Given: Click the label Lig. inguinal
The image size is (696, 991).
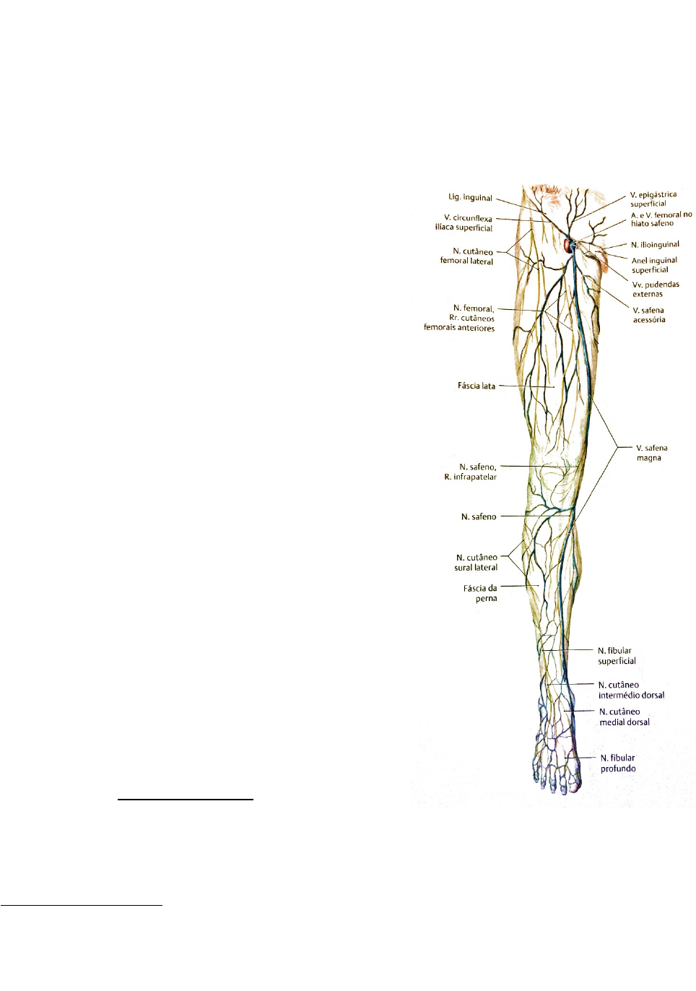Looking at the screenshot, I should point(470,197).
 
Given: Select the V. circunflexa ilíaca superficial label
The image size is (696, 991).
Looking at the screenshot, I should point(464,222).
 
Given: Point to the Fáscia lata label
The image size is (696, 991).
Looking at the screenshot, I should point(476,386).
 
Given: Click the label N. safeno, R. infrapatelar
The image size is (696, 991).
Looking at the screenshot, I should point(470,472).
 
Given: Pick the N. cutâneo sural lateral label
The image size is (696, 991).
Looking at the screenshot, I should point(476,562).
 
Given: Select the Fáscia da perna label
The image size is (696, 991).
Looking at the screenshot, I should point(480,593).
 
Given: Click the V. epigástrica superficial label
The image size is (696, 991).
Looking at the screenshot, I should point(653,199).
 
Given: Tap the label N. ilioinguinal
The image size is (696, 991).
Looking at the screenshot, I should point(655,244).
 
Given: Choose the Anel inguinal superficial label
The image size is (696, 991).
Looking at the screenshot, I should point(654,265).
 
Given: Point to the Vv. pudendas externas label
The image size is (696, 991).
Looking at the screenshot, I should point(656,289).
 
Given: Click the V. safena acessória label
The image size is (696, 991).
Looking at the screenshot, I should point(648,315).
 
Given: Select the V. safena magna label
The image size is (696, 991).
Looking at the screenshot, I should point(651,453).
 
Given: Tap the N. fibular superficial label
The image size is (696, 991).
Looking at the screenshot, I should point(616,656).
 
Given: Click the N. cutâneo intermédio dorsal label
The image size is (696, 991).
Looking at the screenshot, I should point(630,690).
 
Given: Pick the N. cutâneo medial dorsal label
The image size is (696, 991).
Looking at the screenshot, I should point(624,717).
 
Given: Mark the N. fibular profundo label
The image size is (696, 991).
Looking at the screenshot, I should point(617,763).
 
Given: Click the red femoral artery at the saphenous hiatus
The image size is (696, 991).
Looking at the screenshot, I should point(567,246).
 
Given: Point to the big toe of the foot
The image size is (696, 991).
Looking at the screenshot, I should point(573,782).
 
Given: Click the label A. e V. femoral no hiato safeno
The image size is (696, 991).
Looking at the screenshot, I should point(661,219).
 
